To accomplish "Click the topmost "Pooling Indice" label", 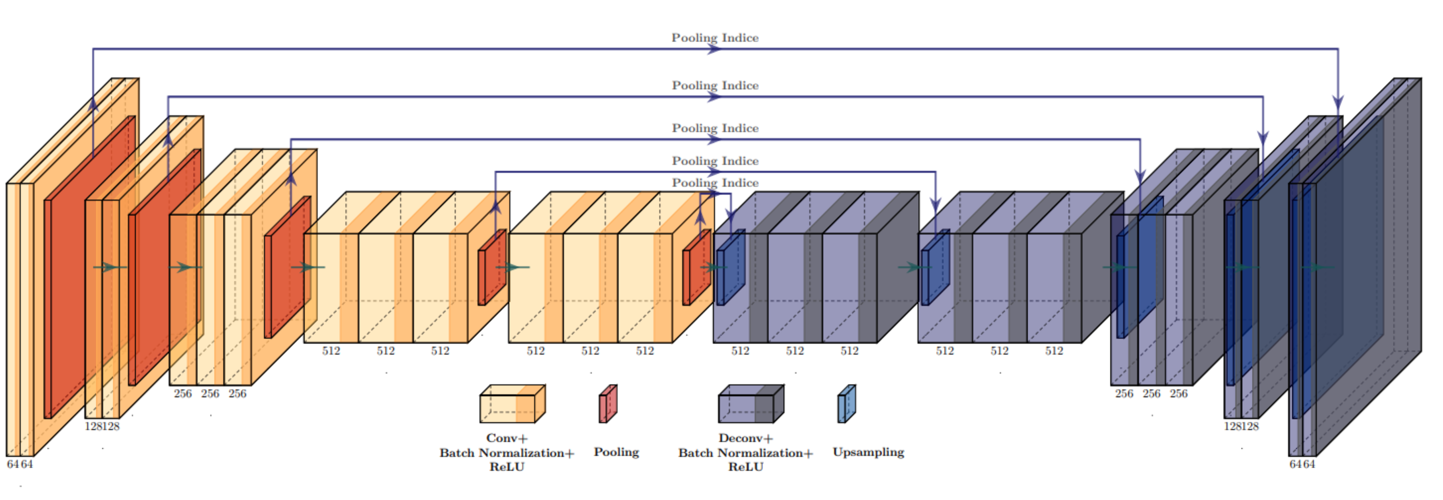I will pyautogui.click(x=715, y=37).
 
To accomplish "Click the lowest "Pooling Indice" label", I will pyautogui.click(x=715, y=183).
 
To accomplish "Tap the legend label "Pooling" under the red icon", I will pyautogui.click(x=616, y=452).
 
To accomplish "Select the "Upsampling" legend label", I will pyautogui.click(x=868, y=452).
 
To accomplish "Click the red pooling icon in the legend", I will pyautogui.click(x=608, y=403).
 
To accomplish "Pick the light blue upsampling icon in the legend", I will pyautogui.click(x=846, y=403).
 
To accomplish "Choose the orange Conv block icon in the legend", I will pyautogui.click(x=512, y=403).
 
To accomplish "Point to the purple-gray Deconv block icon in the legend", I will pyautogui.click(x=751, y=403).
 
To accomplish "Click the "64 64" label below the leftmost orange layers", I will pyautogui.click(x=19, y=464).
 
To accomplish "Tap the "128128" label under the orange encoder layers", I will pyautogui.click(x=102, y=426).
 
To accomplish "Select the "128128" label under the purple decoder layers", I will pyautogui.click(x=1241, y=426).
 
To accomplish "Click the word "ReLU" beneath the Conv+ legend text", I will pyautogui.click(x=507, y=467).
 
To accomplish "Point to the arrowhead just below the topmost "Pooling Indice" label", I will pyautogui.click(x=714, y=49).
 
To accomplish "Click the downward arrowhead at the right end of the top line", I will pyautogui.click(x=1338, y=104).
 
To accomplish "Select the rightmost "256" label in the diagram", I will pyautogui.click(x=1179, y=393).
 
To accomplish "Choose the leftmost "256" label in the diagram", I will pyautogui.click(x=183, y=393).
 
